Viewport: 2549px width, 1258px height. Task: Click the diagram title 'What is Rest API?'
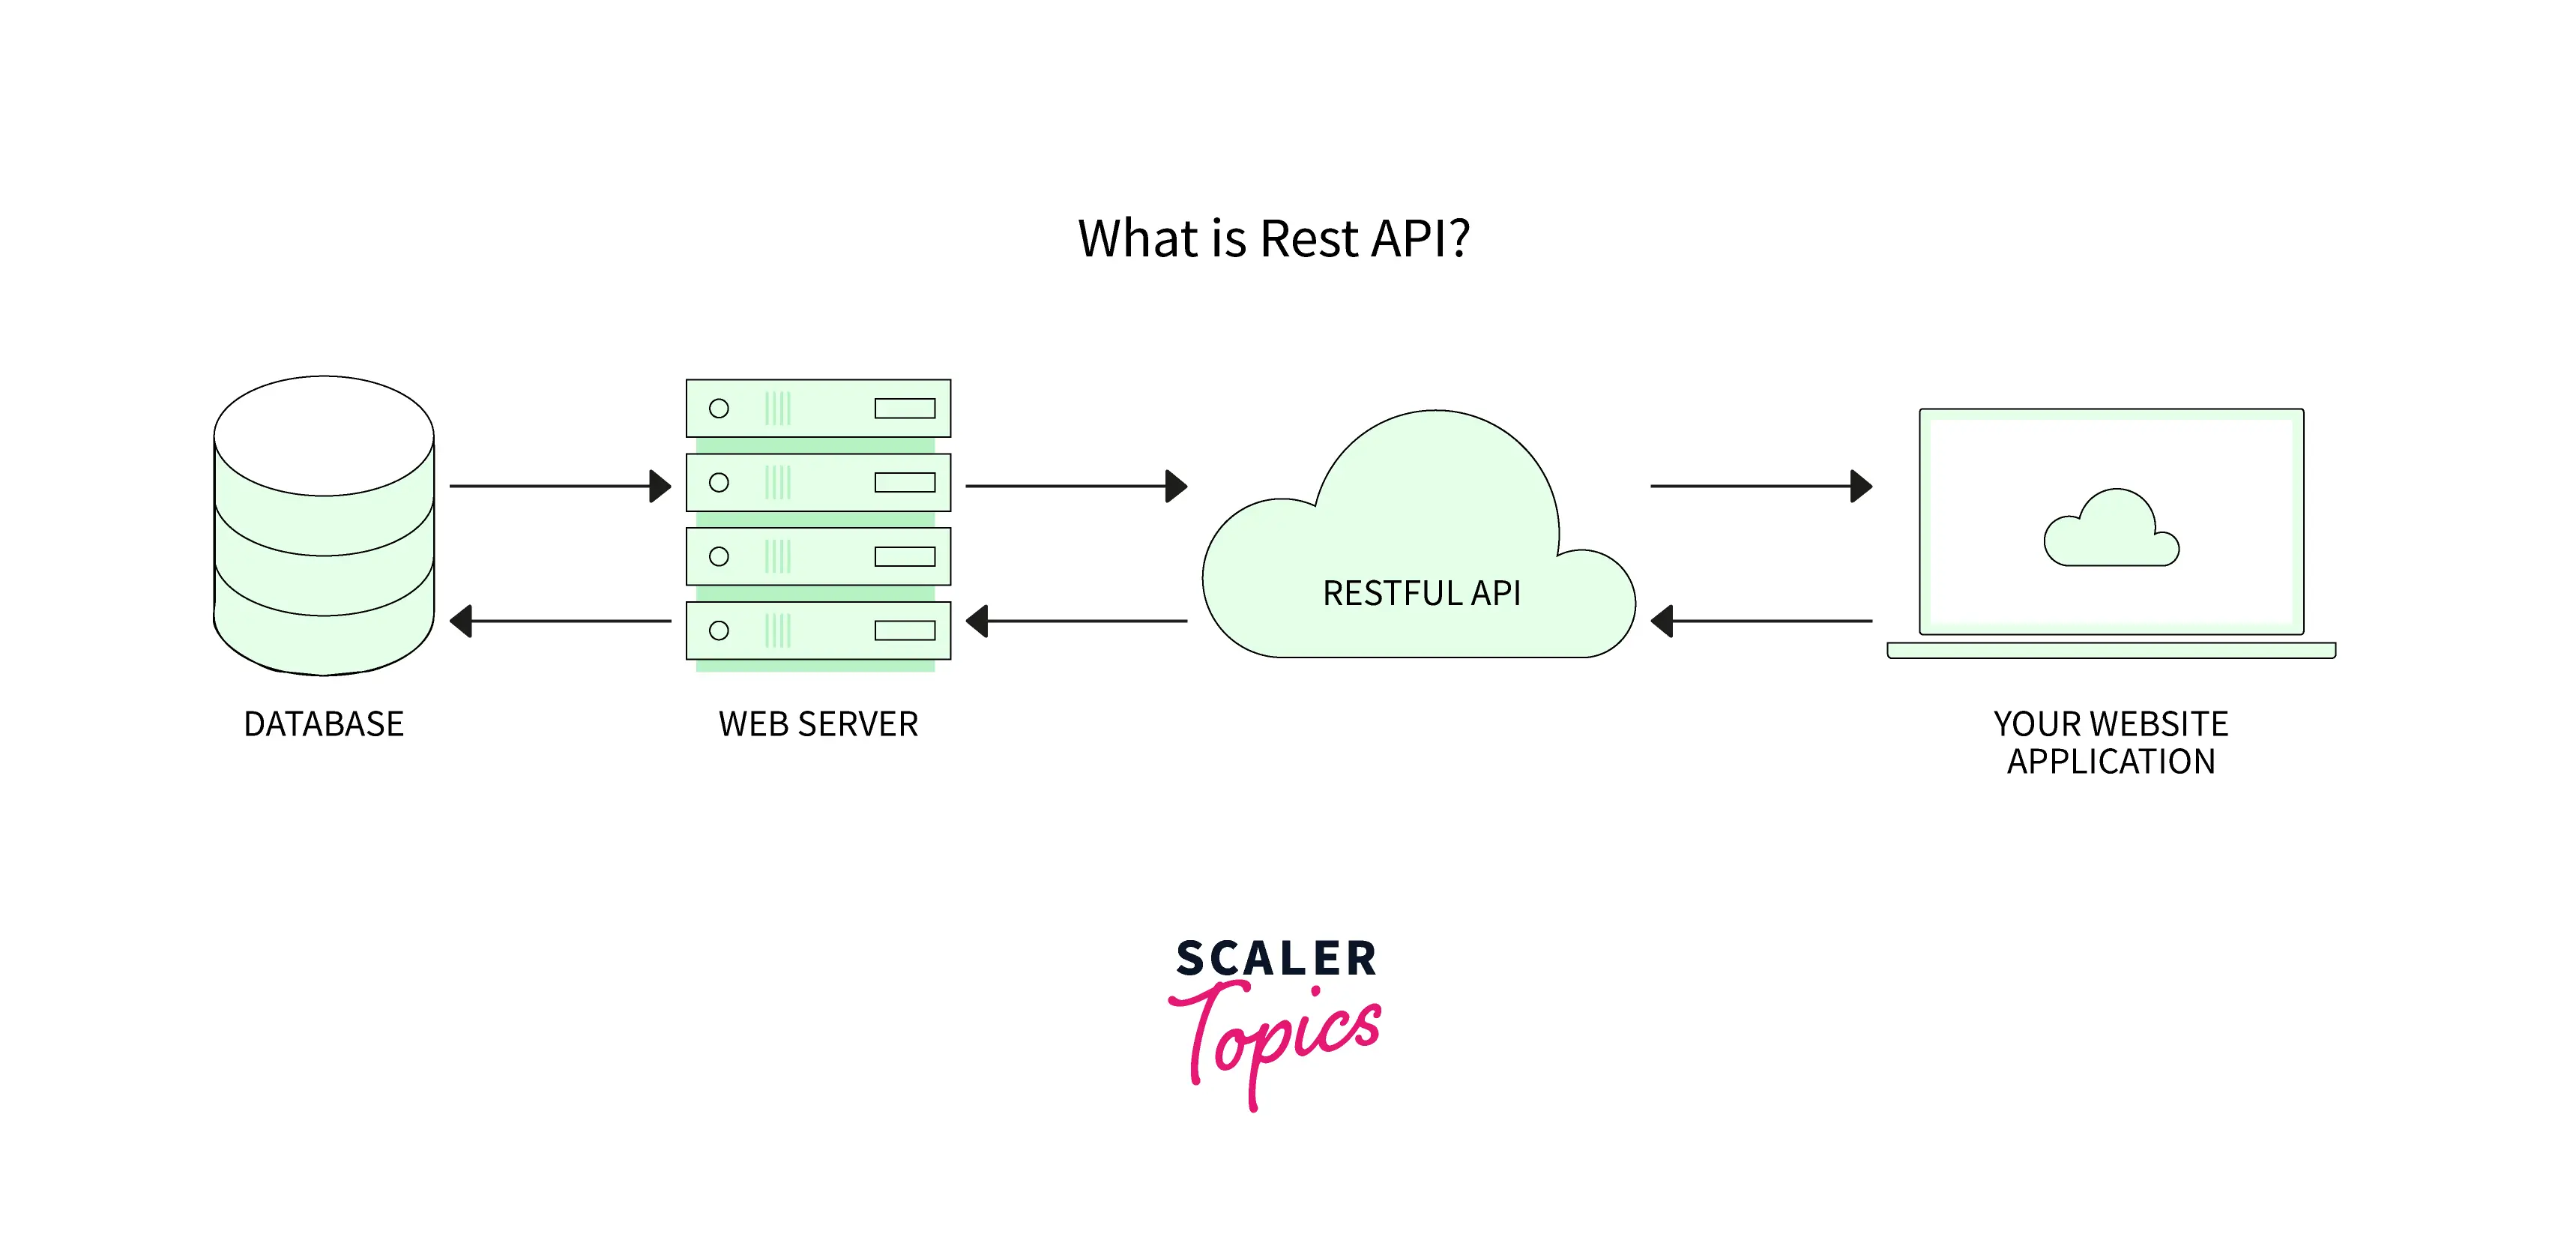click(1273, 238)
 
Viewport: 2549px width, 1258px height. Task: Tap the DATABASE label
click(324, 723)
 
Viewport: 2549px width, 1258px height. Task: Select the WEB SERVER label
click(818, 723)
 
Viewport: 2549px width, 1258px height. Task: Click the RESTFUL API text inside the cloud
click(1421, 593)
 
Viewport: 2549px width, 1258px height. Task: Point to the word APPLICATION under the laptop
click(2111, 761)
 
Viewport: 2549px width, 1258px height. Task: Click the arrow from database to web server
click(559, 486)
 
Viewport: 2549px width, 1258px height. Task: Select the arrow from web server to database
click(559, 622)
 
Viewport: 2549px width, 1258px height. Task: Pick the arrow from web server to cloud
click(1076, 486)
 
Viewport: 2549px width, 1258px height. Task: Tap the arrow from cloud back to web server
click(1076, 622)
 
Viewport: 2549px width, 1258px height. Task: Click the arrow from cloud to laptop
click(1761, 486)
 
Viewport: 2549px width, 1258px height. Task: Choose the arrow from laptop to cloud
click(1761, 622)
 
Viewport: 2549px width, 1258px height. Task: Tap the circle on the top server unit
click(720, 408)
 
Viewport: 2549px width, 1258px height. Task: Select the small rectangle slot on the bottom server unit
click(905, 630)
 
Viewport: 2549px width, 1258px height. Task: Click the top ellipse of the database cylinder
click(324, 436)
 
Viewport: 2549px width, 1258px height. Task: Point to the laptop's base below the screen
click(2111, 650)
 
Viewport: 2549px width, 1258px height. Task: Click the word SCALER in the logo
click(1276, 958)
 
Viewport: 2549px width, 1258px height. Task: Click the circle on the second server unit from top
click(720, 482)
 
